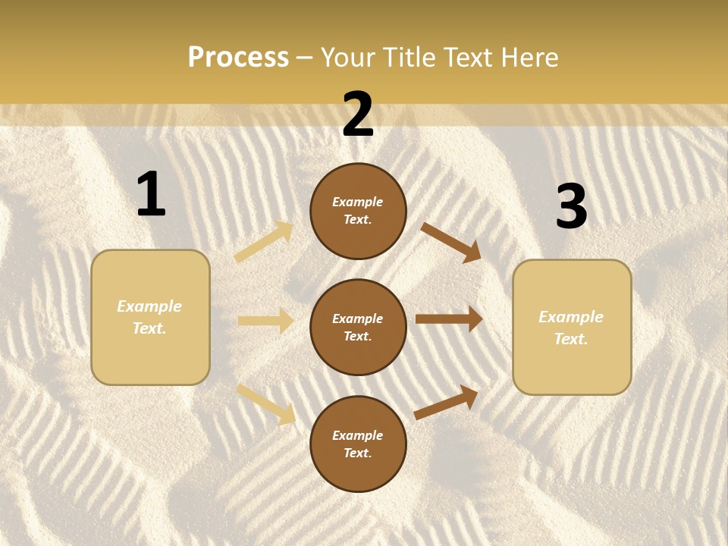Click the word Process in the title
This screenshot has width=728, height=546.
[x=238, y=58]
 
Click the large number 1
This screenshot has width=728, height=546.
[x=151, y=195]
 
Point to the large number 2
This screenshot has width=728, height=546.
[x=358, y=115]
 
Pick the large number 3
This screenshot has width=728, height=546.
[x=571, y=207]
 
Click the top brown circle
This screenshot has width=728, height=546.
[x=358, y=211]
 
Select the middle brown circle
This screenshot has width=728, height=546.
[x=358, y=327]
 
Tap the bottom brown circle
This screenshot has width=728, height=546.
[x=358, y=444]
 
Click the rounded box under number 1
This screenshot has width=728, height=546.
[x=150, y=317]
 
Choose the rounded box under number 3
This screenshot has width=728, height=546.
[x=572, y=327]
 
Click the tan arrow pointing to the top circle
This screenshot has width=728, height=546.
[x=264, y=242]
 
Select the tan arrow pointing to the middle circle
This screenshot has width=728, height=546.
[x=265, y=321]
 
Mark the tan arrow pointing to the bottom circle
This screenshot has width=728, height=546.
[x=266, y=403]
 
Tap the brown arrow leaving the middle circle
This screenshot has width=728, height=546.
[x=449, y=319]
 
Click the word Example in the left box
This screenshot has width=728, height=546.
[x=149, y=306]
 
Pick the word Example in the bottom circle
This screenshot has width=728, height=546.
[x=358, y=435]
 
